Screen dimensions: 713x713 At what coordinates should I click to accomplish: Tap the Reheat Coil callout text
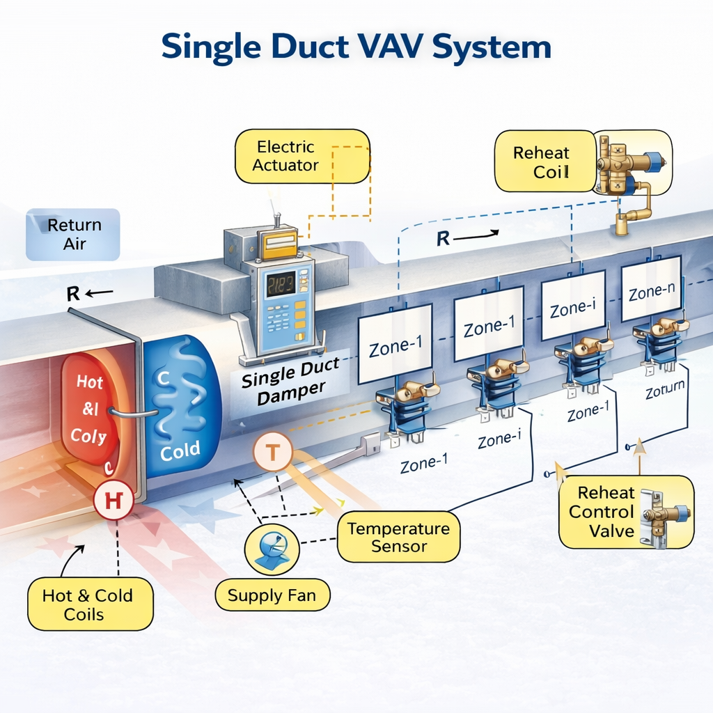(x=541, y=162)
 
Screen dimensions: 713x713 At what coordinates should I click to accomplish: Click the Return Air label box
(x=74, y=234)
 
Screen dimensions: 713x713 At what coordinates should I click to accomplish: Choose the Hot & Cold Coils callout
(x=87, y=604)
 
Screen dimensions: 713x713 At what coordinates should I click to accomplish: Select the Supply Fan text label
(x=272, y=596)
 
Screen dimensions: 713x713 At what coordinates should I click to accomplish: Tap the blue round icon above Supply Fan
(x=271, y=548)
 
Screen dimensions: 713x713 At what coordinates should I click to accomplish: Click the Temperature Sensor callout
(x=398, y=537)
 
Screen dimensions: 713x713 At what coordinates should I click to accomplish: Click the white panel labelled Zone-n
(x=650, y=290)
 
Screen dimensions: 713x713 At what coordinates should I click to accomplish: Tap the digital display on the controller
(x=280, y=285)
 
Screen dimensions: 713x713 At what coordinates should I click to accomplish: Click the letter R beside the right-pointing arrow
(x=443, y=239)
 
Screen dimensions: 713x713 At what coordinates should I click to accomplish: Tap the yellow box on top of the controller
(x=276, y=245)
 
